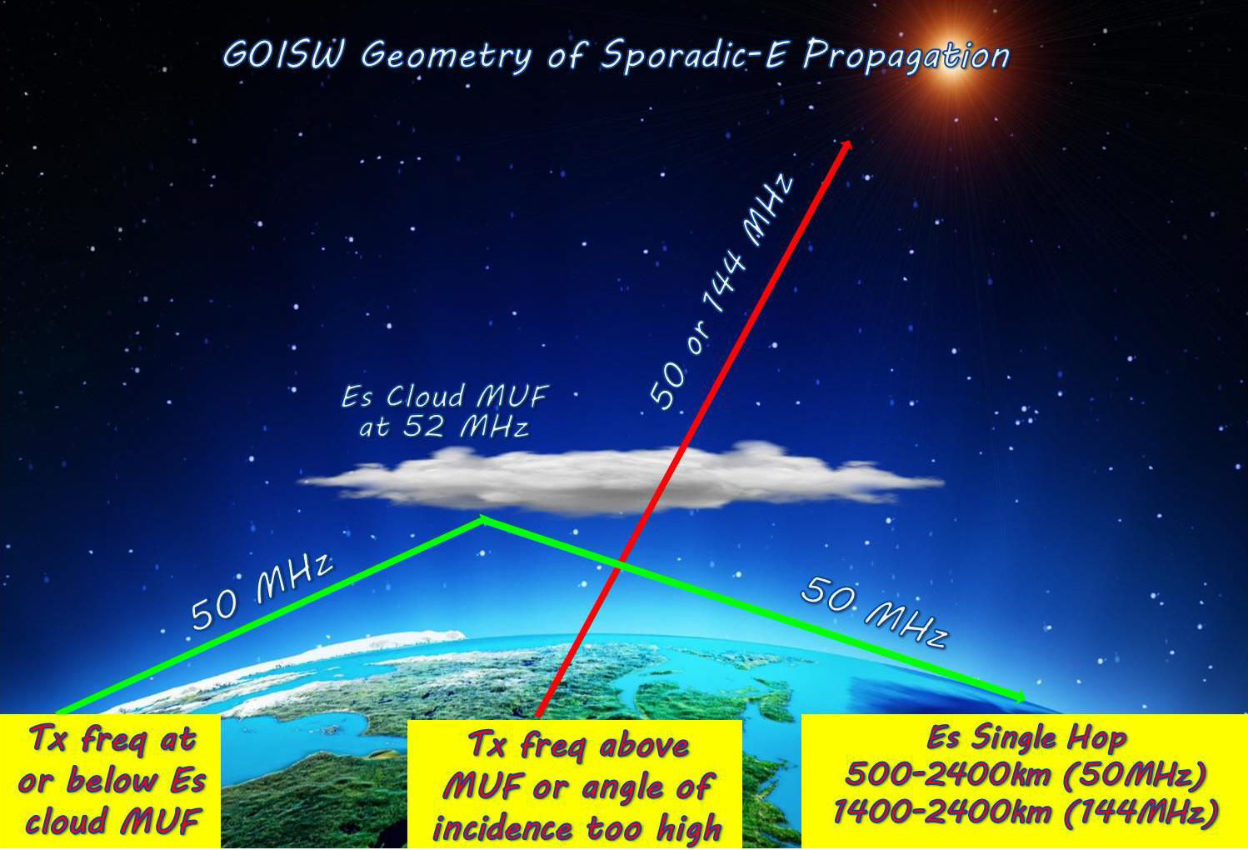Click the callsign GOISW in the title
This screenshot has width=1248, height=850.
[x=283, y=55]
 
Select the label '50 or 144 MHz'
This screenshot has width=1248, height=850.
[x=721, y=292]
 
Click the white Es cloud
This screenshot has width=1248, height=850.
[x=620, y=479]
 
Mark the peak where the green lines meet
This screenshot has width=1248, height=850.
[x=482, y=519]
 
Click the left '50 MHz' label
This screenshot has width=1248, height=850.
[x=262, y=591]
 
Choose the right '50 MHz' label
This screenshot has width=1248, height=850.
[x=874, y=612]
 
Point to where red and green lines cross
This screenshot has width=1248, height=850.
[x=619, y=567]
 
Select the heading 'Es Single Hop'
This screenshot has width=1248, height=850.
[x=1026, y=737]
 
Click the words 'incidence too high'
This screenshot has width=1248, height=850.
[x=577, y=827]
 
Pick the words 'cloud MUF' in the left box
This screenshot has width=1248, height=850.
[x=112, y=820]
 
